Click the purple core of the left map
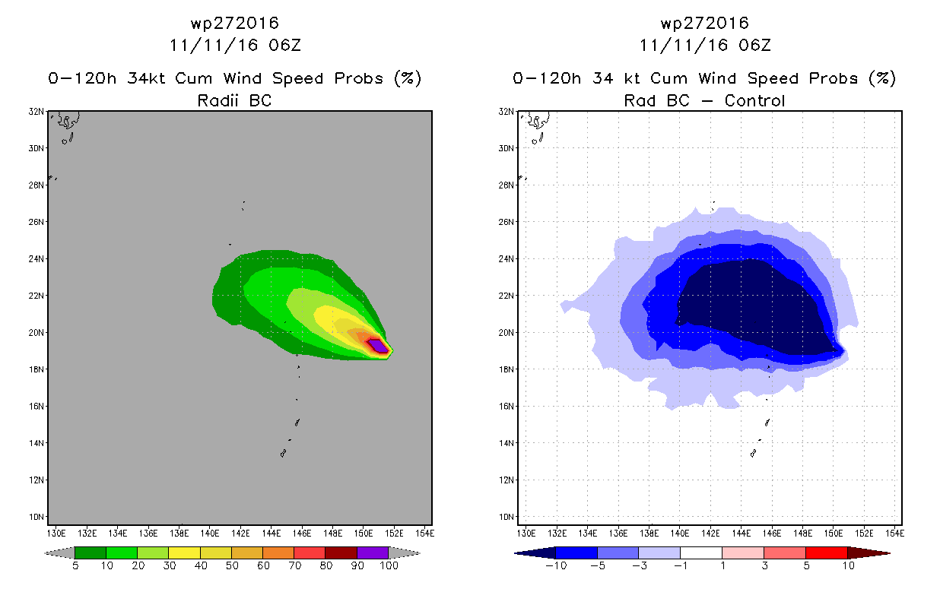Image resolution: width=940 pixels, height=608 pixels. (378, 346)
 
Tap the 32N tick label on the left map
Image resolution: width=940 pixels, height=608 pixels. (36, 112)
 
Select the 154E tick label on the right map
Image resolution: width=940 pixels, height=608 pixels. (894, 534)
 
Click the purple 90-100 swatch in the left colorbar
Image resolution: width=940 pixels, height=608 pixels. (373, 553)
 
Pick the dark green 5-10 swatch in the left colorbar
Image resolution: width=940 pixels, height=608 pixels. (91, 553)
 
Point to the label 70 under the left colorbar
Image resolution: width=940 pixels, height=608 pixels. (294, 565)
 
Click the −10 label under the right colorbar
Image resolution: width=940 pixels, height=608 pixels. (556, 565)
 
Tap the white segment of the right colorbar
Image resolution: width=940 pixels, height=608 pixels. (700, 553)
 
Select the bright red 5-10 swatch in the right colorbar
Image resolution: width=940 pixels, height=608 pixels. (826, 553)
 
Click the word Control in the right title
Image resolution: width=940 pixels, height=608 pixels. (754, 100)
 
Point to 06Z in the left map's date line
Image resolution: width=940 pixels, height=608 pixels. (285, 46)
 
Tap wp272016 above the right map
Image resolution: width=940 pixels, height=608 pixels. (704, 23)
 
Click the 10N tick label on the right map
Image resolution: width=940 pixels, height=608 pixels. (506, 517)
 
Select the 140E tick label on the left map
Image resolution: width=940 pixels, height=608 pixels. (209, 534)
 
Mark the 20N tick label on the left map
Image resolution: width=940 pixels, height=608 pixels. (36, 333)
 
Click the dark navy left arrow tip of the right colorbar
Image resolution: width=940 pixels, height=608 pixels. (516, 553)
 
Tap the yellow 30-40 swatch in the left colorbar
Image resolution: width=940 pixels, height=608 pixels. (184, 553)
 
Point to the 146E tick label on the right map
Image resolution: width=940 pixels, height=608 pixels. (772, 534)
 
